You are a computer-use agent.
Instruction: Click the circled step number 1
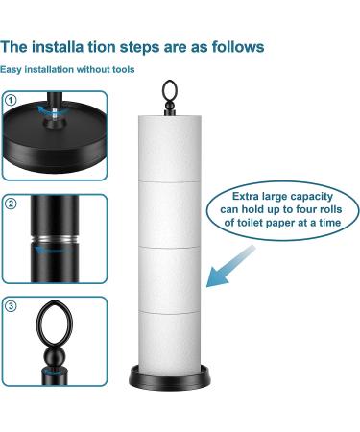coord(11,99)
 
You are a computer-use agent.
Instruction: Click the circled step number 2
coord(11,203)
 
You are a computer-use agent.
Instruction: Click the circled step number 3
coord(11,306)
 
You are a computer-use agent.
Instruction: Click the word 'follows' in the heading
coord(233,45)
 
